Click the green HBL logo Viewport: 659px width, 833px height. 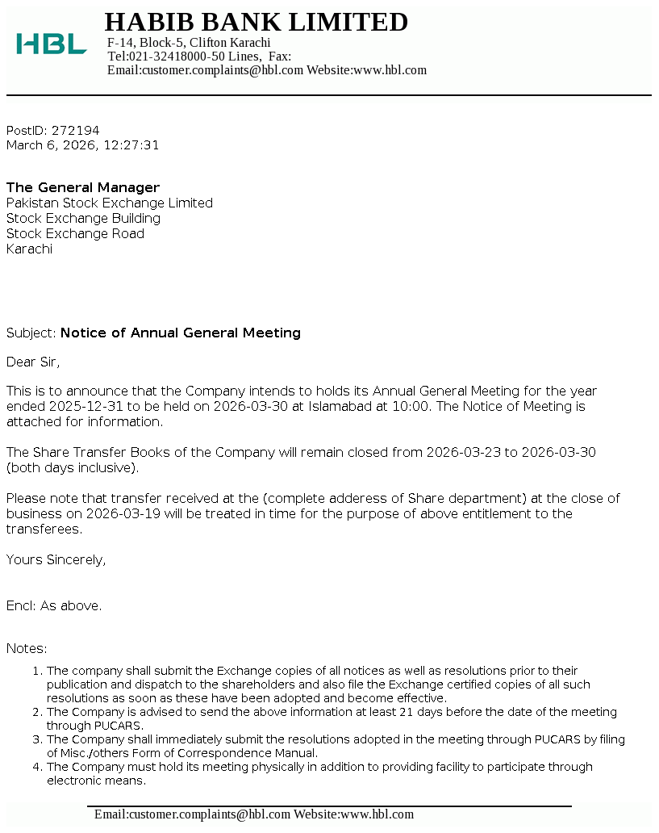pyautogui.click(x=51, y=44)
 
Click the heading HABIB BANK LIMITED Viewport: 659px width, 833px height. pyautogui.click(x=257, y=22)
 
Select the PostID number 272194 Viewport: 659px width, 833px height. pyautogui.click(x=75, y=131)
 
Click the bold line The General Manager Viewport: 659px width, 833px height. pyautogui.click(x=83, y=188)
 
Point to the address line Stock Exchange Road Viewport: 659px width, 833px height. pyautogui.click(x=75, y=234)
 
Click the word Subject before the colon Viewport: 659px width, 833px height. pyautogui.click(x=30, y=333)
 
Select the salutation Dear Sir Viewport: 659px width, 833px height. pyautogui.click(x=32, y=362)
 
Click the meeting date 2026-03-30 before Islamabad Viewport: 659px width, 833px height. pyautogui.click(x=250, y=407)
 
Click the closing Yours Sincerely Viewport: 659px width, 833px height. pyautogui.click(x=56, y=560)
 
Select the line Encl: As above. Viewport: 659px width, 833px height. pyautogui.click(x=54, y=606)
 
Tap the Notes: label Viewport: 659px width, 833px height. pyautogui.click(x=27, y=649)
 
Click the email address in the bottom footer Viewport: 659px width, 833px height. pyautogui.click(x=192, y=815)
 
